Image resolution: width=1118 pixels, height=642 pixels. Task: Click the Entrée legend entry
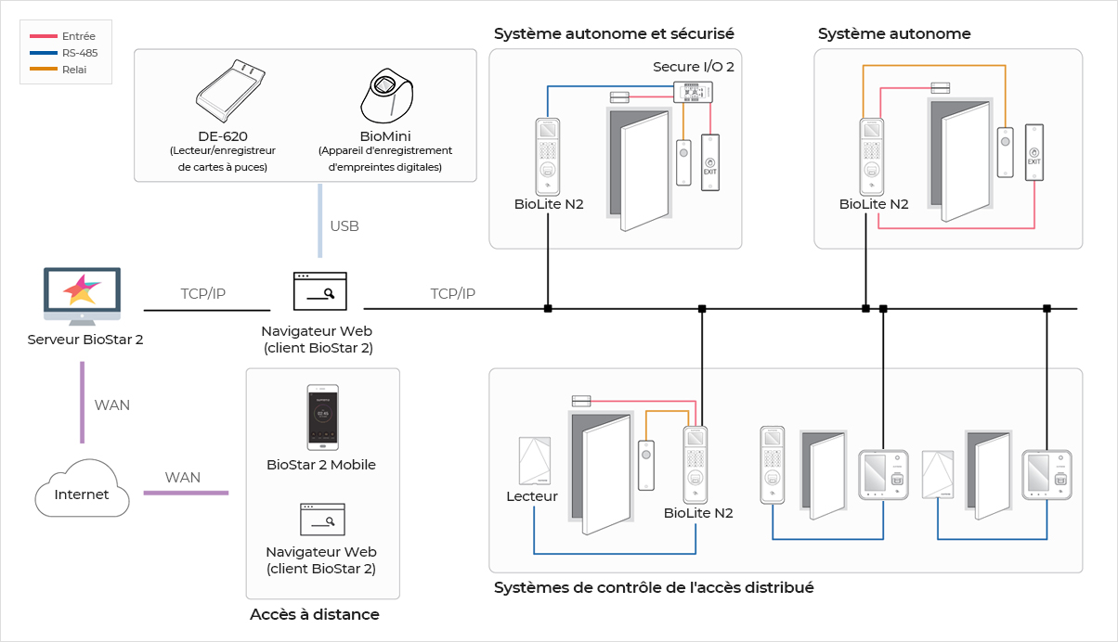65,36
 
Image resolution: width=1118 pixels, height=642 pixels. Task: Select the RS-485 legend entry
65,53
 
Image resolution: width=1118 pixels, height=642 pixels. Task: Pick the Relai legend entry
65,70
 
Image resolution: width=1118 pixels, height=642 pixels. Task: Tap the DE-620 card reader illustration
229,90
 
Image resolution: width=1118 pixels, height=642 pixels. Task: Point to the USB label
344,226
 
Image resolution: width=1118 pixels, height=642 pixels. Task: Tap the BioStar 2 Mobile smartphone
322,417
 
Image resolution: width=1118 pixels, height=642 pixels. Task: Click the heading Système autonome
894,34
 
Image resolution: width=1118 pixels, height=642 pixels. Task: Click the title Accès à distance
315,614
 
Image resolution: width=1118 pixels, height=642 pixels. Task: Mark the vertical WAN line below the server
82,404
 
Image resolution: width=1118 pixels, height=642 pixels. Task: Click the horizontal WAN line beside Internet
185,493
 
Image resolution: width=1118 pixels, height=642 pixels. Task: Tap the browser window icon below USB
319,291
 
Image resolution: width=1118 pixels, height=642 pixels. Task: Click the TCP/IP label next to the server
203,294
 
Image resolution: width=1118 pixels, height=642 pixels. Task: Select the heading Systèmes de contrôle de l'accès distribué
654,587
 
